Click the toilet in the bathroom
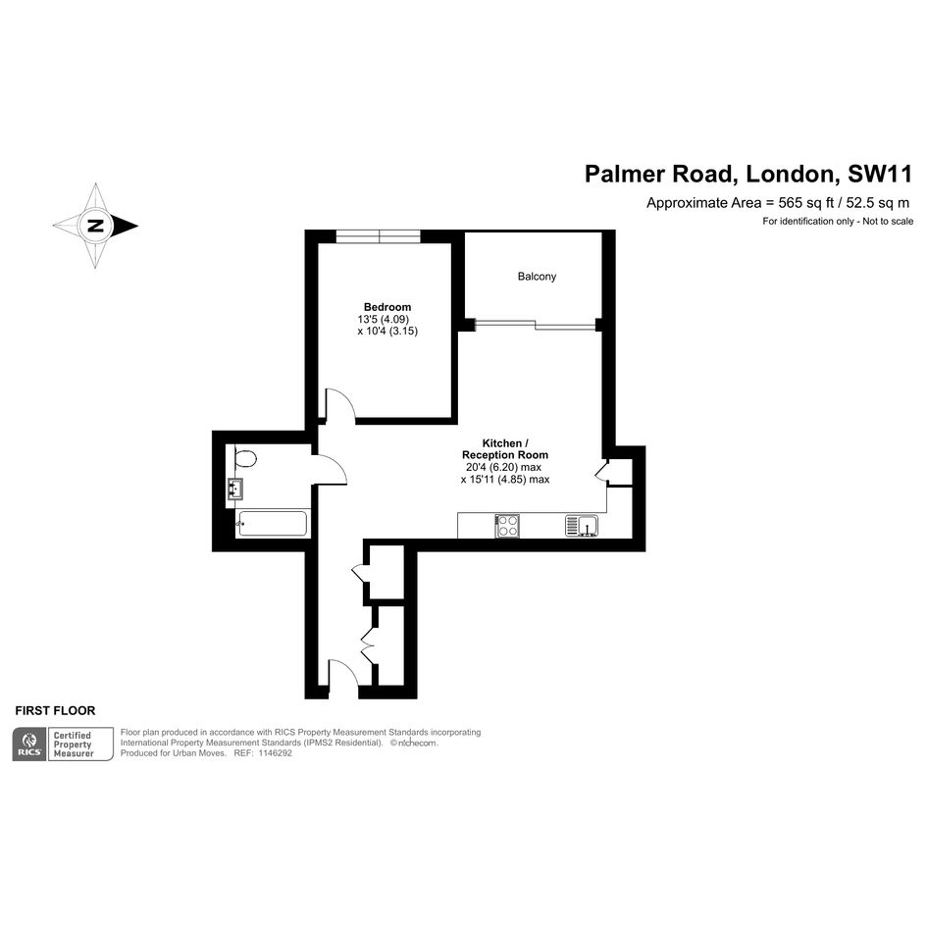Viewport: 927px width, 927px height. (243, 458)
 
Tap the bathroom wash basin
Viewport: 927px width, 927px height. (235, 489)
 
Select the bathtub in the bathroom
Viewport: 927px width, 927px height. (272, 524)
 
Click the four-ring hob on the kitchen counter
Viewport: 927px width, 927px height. (507, 526)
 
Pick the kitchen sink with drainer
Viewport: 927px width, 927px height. (582, 526)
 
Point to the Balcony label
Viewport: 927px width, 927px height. (537, 276)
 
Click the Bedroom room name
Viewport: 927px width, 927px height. (387, 307)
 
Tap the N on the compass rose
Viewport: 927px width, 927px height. (94, 226)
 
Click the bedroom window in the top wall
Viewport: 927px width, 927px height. (379, 235)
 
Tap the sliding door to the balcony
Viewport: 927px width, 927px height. (535, 324)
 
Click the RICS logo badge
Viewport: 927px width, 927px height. (29, 745)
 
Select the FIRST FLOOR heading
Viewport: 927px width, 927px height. (55, 710)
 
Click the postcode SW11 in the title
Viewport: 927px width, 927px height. (880, 174)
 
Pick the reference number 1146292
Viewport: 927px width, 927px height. (275, 753)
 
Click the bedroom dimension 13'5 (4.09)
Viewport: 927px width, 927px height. (384, 319)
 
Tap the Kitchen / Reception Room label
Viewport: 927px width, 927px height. (505, 448)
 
